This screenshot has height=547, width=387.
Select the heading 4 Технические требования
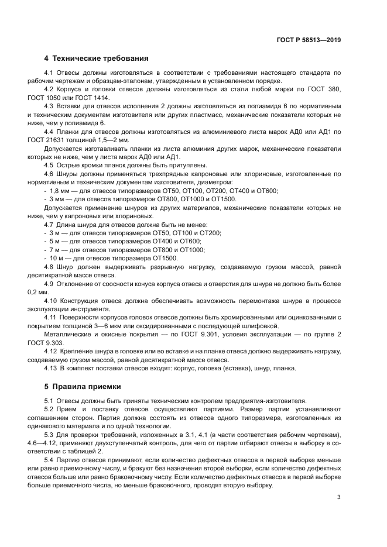[x=97, y=59]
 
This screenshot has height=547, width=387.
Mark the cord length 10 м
[x=59, y=258]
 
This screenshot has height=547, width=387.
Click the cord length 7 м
[x=58, y=250]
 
